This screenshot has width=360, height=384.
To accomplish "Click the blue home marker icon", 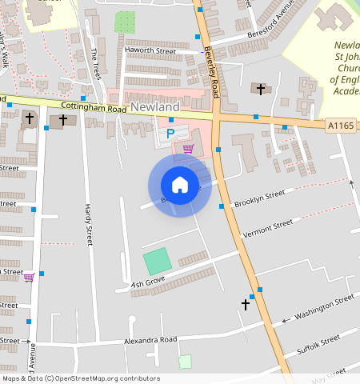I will coord(180,185).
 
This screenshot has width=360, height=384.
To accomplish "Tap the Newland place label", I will coord(155,107).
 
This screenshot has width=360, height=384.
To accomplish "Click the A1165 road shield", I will coord(341,125).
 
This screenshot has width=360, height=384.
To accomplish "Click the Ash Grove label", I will coord(147,282).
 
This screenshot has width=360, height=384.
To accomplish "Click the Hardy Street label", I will coord(88,224).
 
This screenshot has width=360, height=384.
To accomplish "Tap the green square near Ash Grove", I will coord(157,262).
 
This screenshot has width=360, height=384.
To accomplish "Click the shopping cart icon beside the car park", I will coord(188,149).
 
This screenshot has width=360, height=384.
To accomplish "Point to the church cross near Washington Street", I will coord(246,304).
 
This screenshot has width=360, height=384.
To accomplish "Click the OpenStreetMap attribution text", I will coord(81,378).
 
